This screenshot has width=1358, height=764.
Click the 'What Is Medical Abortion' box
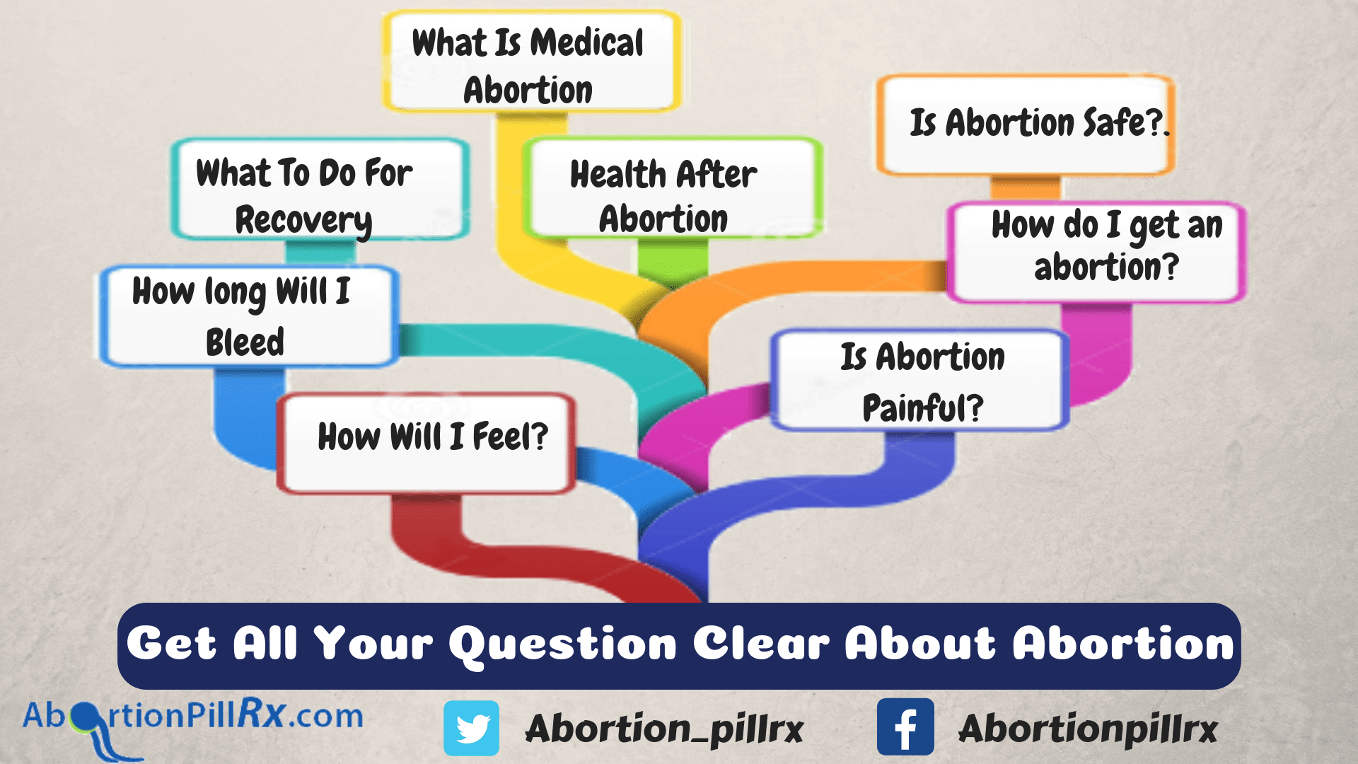tap(532, 62)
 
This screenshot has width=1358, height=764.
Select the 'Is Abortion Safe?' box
tap(1026, 125)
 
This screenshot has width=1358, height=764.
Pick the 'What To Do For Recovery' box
tap(320, 190)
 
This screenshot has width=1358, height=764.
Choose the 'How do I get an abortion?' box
tap(1096, 253)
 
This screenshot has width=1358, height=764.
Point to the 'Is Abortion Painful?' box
tap(919, 380)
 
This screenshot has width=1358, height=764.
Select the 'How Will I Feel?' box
tap(426, 444)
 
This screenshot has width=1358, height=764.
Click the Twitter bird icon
tap(471, 728)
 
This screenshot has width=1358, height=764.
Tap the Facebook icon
tap(905, 727)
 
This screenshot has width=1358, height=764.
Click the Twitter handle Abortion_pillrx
tap(665, 729)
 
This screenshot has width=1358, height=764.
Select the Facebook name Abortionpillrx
tap(1089, 729)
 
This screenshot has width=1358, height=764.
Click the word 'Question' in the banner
tap(563, 645)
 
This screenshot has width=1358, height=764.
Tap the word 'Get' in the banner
tap(171, 644)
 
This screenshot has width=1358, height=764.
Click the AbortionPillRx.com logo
tap(192, 725)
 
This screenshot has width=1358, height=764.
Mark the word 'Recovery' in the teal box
tap(304, 221)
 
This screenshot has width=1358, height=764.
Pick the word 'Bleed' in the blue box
tap(245, 342)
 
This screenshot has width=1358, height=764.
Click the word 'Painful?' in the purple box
tap(923, 407)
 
